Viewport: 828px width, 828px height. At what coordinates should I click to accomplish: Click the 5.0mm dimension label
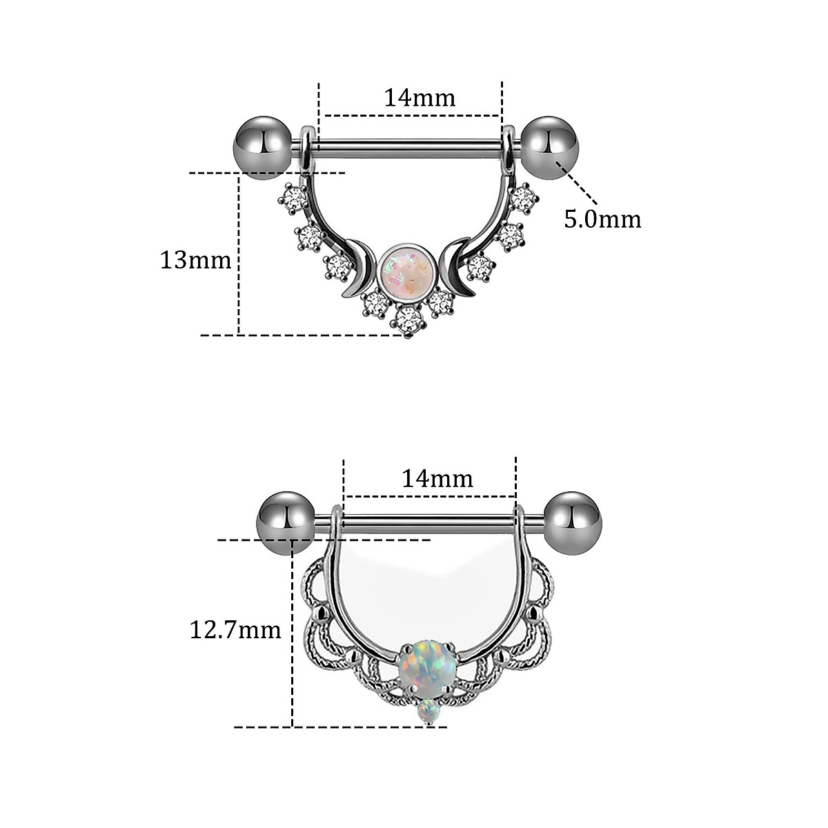[602, 219]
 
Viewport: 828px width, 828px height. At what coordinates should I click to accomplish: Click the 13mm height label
[195, 260]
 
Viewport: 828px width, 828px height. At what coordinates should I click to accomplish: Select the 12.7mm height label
[235, 629]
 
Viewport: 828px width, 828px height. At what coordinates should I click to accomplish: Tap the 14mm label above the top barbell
[420, 98]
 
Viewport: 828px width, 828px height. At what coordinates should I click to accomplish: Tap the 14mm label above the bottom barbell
[437, 478]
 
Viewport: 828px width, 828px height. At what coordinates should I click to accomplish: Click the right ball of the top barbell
[550, 148]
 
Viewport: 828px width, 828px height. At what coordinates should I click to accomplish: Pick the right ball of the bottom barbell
[573, 520]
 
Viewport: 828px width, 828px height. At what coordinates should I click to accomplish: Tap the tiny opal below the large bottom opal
[428, 710]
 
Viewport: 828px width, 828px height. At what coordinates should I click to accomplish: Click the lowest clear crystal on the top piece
[408, 319]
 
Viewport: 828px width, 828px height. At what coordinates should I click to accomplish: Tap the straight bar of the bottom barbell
[428, 522]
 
